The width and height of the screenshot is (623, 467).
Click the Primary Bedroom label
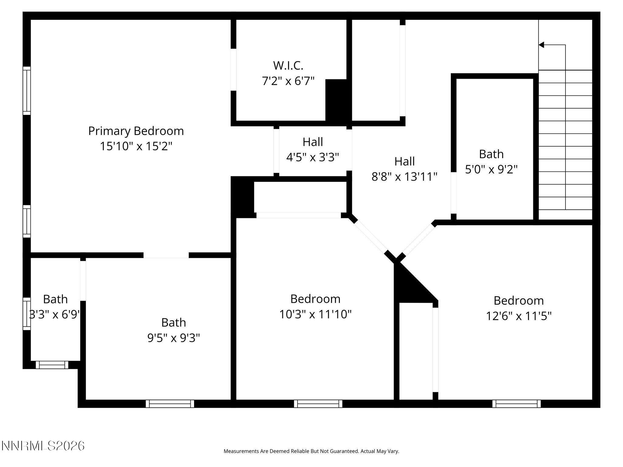136,131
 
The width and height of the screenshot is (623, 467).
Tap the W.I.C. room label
288,65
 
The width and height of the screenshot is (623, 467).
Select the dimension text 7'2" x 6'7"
288,81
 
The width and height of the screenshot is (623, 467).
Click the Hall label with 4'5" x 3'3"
313,142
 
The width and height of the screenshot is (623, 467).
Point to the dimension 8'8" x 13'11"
404,177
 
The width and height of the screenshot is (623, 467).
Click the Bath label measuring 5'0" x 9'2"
491,154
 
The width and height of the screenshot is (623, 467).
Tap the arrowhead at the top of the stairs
541,45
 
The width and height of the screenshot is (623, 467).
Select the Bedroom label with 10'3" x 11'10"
315,299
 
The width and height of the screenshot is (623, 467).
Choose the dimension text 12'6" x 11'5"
518,316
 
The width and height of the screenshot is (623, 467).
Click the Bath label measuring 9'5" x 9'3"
173,322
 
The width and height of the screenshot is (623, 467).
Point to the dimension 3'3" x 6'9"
55,314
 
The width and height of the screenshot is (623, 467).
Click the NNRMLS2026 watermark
43,446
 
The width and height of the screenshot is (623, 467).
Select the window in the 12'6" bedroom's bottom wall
516,403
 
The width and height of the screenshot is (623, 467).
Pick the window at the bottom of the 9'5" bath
170,403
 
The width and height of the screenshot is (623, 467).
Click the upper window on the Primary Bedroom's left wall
27,91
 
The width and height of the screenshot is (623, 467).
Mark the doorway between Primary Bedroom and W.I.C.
233,70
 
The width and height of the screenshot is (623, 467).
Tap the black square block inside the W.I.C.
336,100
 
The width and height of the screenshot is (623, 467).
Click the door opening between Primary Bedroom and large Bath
166,255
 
